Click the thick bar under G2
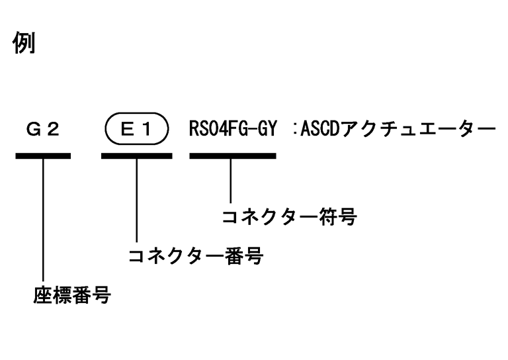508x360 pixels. point(43,156)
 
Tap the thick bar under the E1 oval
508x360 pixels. point(136,156)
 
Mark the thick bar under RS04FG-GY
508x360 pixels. point(232,156)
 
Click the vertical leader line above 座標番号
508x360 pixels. point(43,218)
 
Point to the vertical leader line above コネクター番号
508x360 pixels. point(136,199)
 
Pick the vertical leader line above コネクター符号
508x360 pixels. point(231,180)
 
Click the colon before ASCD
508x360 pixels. point(292,129)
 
